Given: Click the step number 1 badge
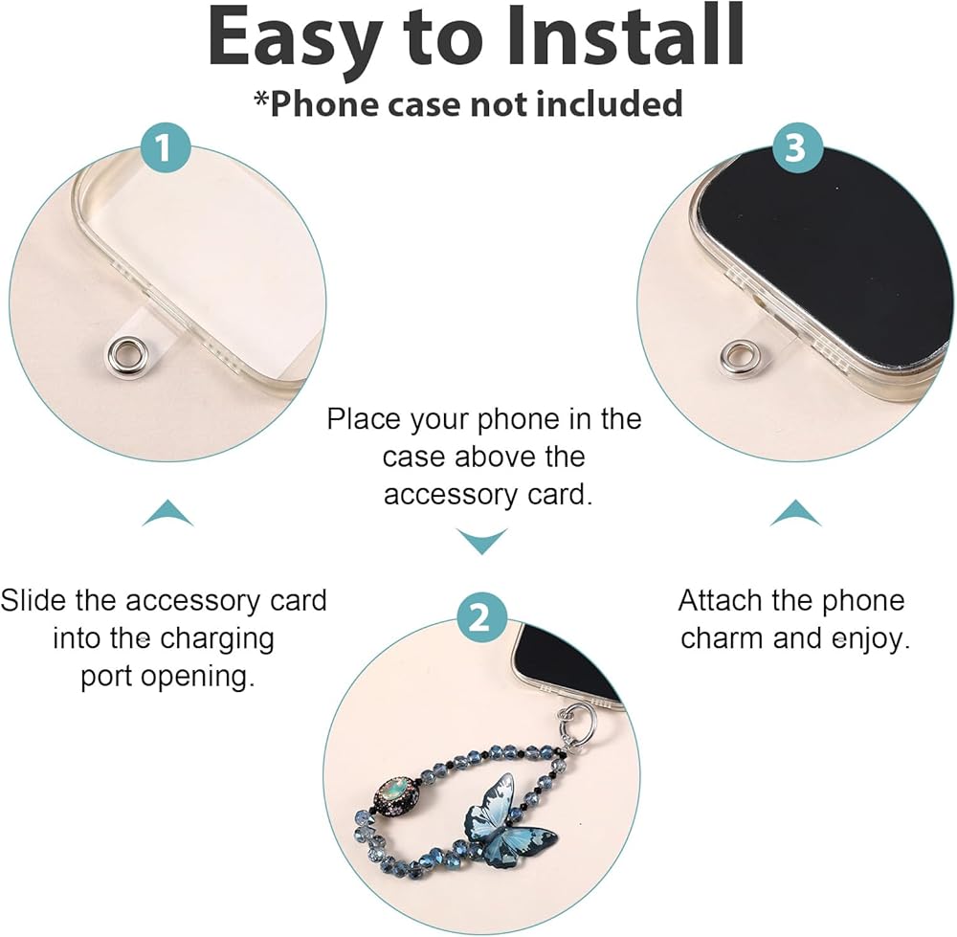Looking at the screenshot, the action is click(165, 147).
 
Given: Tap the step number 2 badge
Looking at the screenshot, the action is click(482, 617).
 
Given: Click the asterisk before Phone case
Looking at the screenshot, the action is click(261, 99).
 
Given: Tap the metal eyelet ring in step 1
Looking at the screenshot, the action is click(121, 353).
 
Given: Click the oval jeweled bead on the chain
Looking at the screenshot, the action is click(396, 794).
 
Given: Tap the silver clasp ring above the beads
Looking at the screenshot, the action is click(571, 721).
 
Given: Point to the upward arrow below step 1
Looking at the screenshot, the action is click(167, 513).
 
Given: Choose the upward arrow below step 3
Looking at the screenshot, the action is click(795, 513).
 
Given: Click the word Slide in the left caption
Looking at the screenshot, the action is click(34, 600).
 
